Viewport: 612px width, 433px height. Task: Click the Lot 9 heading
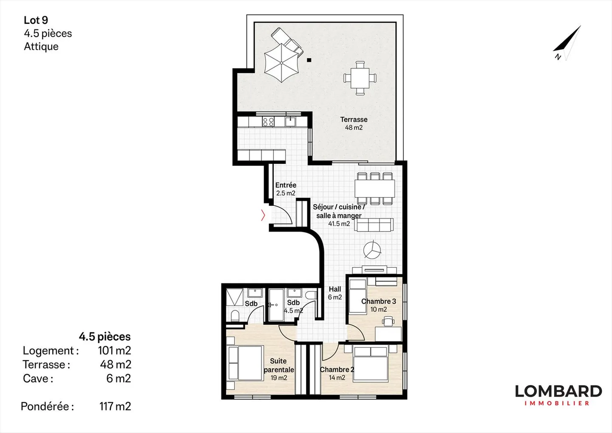(x=36, y=20)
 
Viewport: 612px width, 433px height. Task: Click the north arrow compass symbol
(x=567, y=43)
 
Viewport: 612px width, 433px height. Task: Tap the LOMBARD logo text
(x=558, y=391)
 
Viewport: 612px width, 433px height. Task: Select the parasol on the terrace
(x=282, y=63)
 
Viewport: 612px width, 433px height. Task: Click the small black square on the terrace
(x=309, y=60)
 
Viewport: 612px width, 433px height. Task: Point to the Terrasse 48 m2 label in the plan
(x=354, y=123)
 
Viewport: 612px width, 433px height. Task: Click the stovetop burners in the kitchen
(x=268, y=122)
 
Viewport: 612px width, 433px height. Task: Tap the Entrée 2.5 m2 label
(x=286, y=189)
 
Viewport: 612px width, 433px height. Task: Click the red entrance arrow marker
(x=263, y=216)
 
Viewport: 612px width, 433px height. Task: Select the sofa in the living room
(x=374, y=225)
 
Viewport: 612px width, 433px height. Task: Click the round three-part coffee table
(x=372, y=250)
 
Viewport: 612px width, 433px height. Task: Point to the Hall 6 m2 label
(x=335, y=293)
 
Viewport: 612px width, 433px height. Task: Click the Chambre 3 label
(x=378, y=301)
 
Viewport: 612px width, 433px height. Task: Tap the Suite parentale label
(x=279, y=365)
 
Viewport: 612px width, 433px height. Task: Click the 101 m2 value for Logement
(x=114, y=350)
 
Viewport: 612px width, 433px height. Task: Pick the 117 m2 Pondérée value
(x=115, y=406)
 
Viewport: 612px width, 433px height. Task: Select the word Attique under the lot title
(x=41, y=46)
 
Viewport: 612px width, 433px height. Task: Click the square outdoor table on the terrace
(x=360, y=78)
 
